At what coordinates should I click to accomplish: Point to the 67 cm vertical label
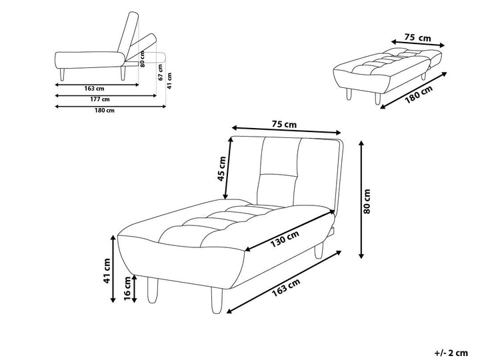pos(161,73)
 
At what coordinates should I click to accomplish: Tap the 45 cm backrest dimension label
pos(221,169)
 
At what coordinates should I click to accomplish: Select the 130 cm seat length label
pos(285,239)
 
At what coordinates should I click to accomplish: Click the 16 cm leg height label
pos(127,288)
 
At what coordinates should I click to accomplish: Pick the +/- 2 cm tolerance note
pos(451,353)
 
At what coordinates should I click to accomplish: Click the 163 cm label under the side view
pos(94,89)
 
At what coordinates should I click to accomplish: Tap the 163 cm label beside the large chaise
pos(286,287)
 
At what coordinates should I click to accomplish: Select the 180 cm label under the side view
pos(105,110)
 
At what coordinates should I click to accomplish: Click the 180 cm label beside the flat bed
pos(419,94)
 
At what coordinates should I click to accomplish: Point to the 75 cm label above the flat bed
pos(417,37)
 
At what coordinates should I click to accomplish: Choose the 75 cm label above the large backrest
pos(284,125)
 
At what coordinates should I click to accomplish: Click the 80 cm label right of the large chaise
pos(367,201)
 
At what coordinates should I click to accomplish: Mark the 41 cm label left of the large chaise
pos(107,271)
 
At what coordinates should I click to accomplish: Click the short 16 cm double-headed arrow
pos(135,289)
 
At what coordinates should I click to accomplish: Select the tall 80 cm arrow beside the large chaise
pos(361,199)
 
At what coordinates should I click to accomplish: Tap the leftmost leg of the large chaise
pos(153,290)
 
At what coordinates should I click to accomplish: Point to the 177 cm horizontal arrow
pos(106,96)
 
